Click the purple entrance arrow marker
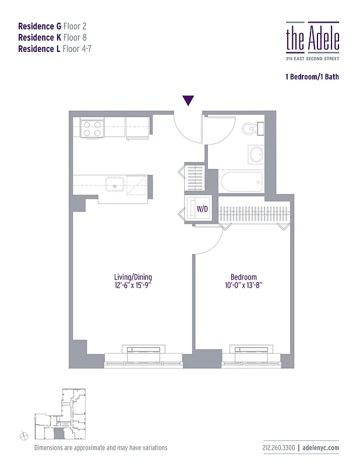[x=188, y=101]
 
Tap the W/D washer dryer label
[x=202, y=208]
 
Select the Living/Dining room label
[x=133, y=277]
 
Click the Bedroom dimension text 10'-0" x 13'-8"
[x=243, y=285]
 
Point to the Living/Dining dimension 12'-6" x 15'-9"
[x=133, y=285]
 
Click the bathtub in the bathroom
[x=241, y=181]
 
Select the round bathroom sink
[x=256, y=154]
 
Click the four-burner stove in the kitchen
[x=91, y=128]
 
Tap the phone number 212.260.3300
[x=277, y=448]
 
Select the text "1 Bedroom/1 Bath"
[x=312, y=76]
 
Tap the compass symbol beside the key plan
[x=23, y=435]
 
